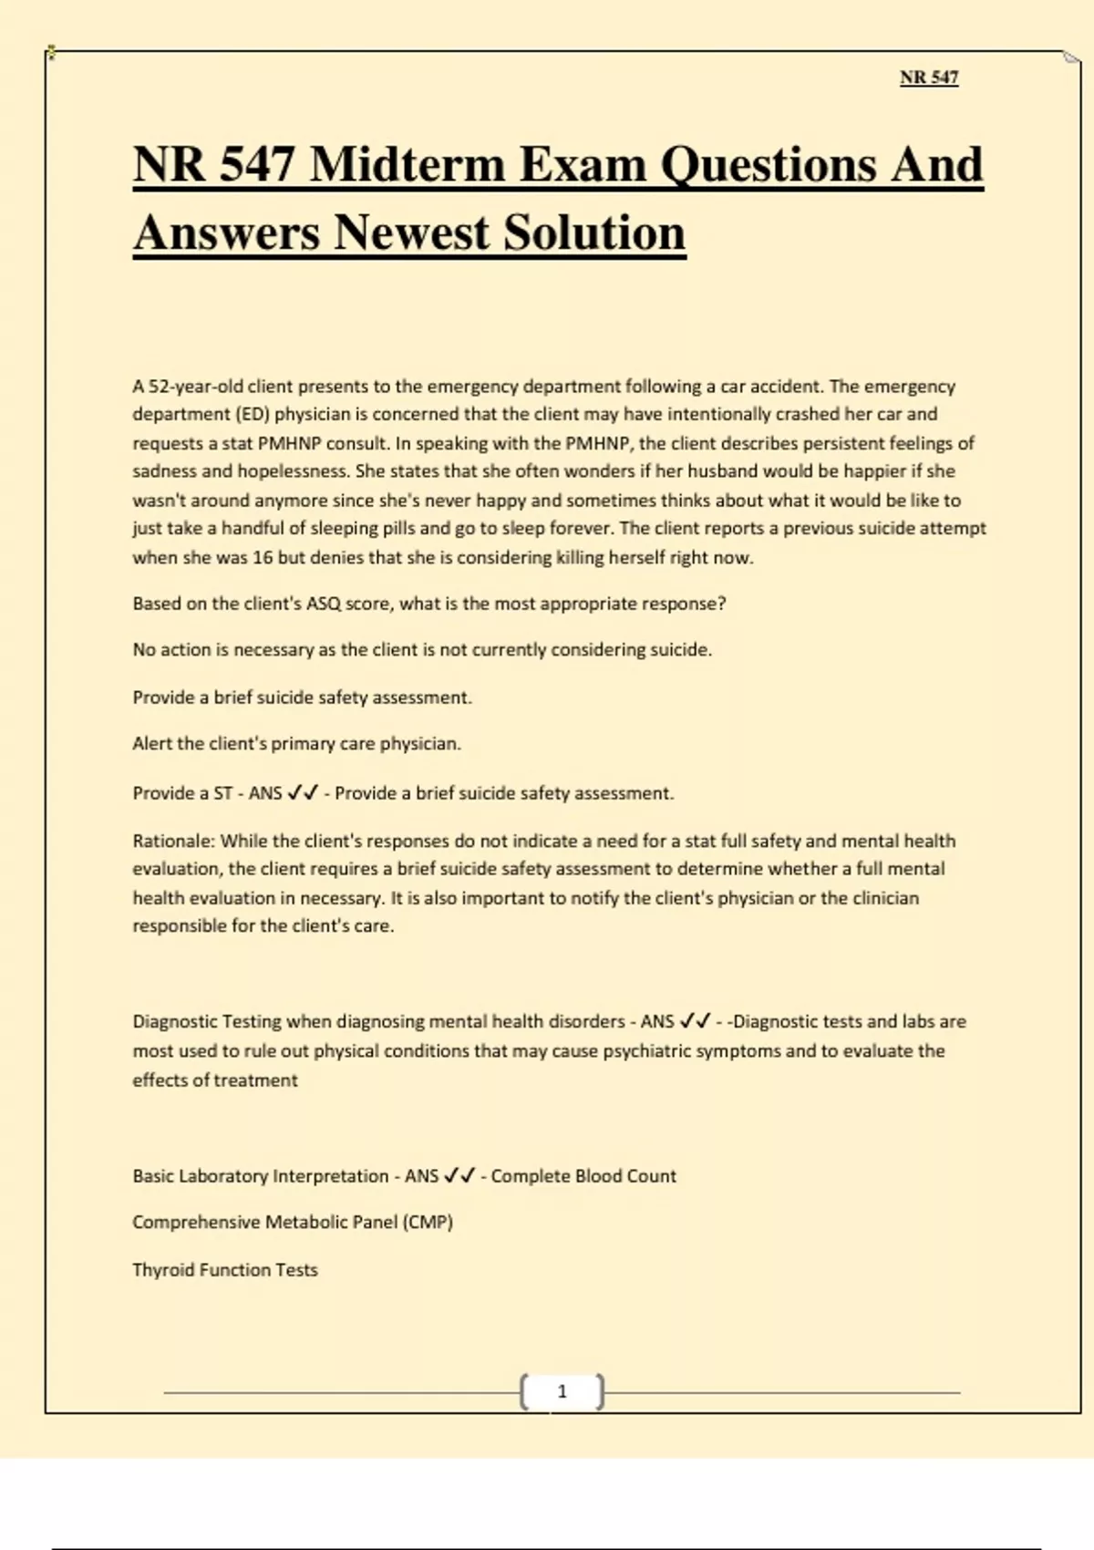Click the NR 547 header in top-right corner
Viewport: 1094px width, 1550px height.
point(929,77)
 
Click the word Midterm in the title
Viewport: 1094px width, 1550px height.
point(407,165)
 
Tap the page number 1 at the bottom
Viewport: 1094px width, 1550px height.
point(562,1391)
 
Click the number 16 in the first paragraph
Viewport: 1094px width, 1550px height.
point(263,557)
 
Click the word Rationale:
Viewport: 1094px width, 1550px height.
point(174,841)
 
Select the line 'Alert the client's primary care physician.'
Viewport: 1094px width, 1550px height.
point(296,743)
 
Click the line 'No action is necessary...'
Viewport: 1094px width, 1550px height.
point(422,649)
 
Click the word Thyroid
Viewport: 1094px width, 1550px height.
point(161,1269)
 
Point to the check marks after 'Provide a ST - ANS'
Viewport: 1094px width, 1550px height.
point(303,793)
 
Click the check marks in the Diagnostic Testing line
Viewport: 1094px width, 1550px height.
point(695,1021)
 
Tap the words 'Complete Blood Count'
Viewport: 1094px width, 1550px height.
point(583,1176)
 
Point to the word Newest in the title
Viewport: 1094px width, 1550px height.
point(410,232)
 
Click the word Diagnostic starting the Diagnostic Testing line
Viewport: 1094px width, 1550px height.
point(175,1021)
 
